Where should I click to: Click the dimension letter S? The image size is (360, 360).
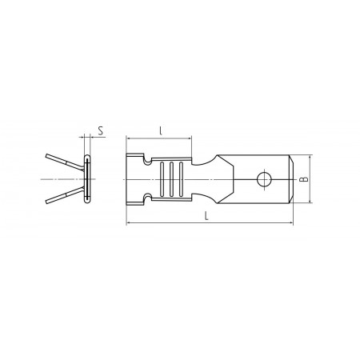point(101,131)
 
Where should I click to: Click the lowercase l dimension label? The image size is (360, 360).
point(161,130)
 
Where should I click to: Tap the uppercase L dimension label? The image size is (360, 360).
point(206,216)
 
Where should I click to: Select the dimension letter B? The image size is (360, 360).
point(304,179)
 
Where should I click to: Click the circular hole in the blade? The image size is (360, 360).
point(264,179)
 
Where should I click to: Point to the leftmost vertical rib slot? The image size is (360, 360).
point(162,179)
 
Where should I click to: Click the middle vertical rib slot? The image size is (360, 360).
point(171,179)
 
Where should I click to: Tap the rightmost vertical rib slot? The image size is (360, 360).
point(182,179)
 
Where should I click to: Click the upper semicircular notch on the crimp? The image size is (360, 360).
point(147,161)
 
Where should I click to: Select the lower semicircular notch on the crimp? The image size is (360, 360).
point(147,198)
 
